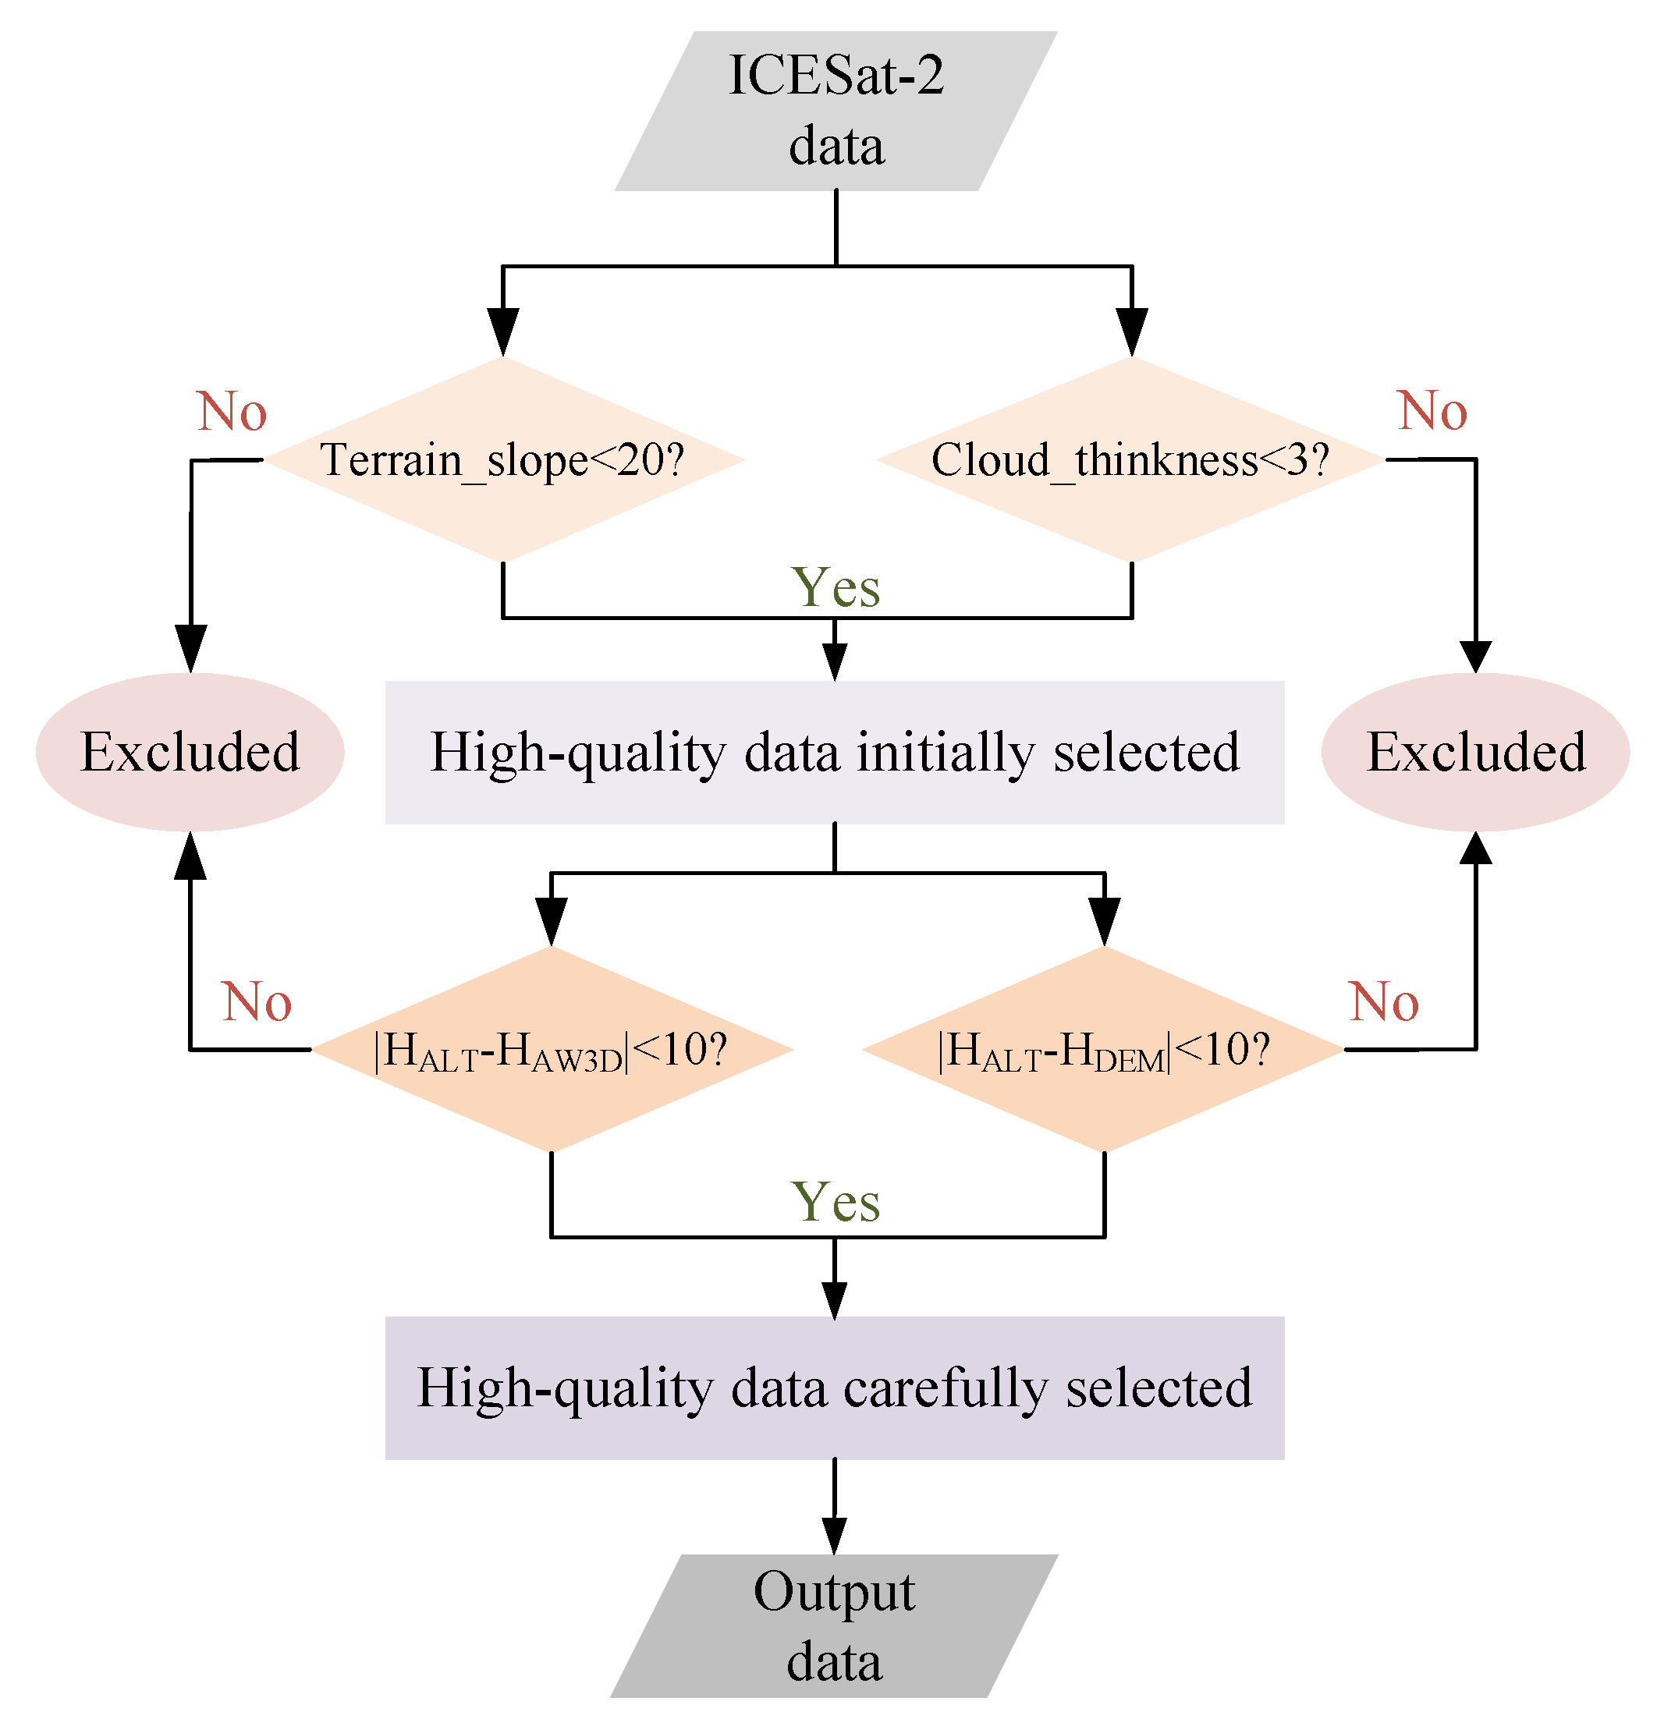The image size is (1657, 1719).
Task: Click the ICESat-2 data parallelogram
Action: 836,112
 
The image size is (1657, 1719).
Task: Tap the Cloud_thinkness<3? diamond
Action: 1130,459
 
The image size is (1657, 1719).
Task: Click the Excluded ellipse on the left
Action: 190,752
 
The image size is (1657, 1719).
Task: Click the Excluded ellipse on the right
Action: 1475,752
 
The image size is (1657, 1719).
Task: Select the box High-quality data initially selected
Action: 834,752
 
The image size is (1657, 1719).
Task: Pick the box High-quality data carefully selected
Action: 834,1388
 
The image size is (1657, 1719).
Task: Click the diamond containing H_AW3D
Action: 552,1049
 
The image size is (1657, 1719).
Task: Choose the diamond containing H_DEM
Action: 1104,1049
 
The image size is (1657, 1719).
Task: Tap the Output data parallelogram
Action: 834,1625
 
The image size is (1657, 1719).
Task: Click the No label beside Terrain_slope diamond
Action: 232,410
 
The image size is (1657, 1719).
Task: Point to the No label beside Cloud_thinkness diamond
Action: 1432,410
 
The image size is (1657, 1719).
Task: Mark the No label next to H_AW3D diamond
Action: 256,1001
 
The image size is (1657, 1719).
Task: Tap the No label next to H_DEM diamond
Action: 1383,1001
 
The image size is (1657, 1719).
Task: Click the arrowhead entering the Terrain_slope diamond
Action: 502,333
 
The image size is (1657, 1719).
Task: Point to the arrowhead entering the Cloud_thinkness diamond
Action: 1131,333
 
